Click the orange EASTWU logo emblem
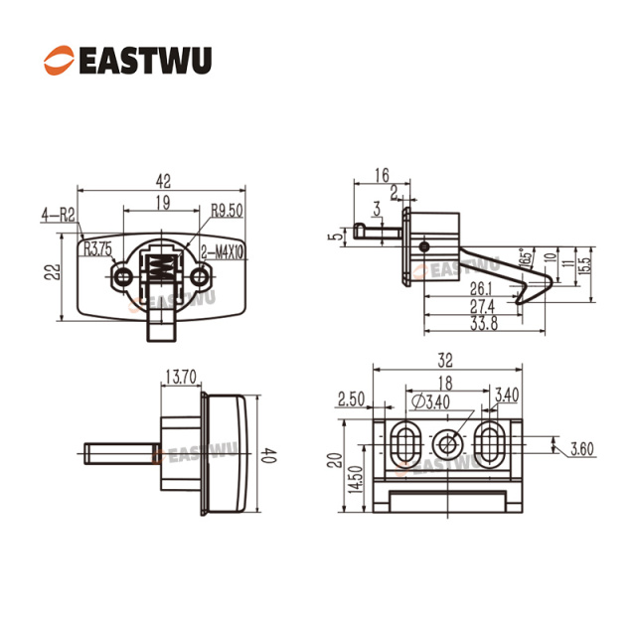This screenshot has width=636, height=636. click(x=60, y=61)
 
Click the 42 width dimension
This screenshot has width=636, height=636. click(x=163, y=181)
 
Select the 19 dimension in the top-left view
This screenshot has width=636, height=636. click(x=163, y=203)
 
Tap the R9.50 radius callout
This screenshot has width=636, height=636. click(x=227, y=211)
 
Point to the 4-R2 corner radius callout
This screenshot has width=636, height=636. click(x=59, y=215)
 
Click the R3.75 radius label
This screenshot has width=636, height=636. click(x=97, y=249)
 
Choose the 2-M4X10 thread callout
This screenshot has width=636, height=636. click(x=223, y=252)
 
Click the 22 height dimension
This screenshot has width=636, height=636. click(x=53, y=272)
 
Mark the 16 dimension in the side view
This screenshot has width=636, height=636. click(x=382, y=175)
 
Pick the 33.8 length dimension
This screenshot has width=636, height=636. click(x=484, y=323)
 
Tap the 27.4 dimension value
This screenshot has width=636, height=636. click(x=482, y=306)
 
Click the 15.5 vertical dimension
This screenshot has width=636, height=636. click(x=584, y=265)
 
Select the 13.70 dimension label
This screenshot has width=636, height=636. click(x=181, y=377)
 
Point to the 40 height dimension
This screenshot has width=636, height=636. click(x=268, y=455)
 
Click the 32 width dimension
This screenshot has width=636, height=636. click(x=445, y=360)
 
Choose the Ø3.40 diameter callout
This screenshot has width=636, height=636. click(x=430, y=401)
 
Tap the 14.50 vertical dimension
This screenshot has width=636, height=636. click(x=356, y=479)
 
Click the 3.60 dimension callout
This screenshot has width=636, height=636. click(x=581, y=449)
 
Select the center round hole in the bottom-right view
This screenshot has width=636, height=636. click(x=447, y=444)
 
